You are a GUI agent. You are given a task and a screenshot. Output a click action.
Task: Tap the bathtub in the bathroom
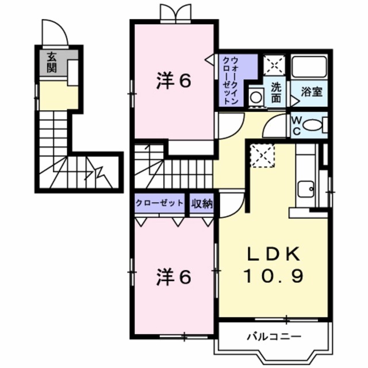(309, 67)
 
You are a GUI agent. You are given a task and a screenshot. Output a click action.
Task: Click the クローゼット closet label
(160, 202)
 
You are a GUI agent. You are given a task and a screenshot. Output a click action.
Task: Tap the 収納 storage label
(202, 202)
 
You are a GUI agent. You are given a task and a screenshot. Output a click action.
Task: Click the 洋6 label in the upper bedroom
(173, 82)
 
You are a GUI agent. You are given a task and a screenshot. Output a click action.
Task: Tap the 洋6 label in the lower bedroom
(173, 277)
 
